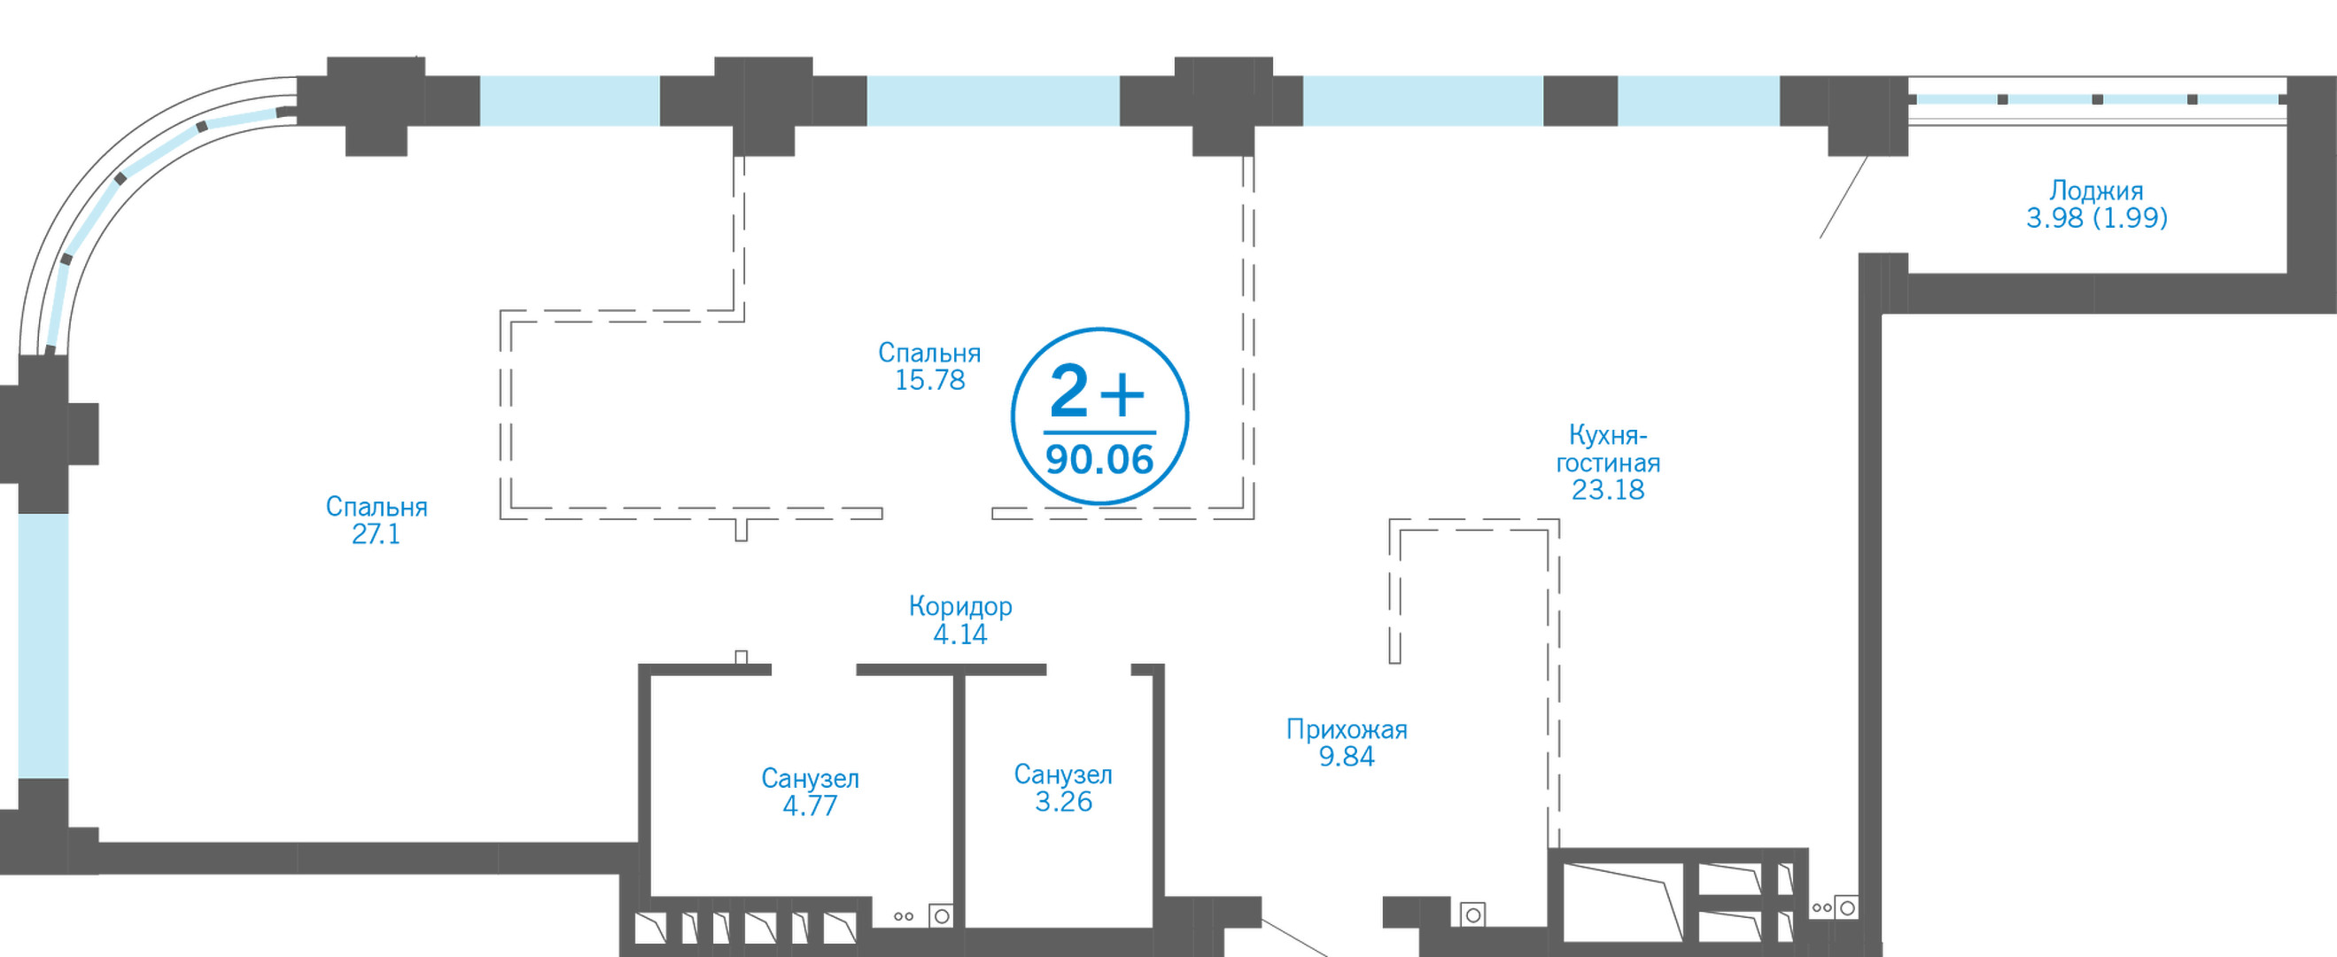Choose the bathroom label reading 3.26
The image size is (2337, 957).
(x=1063, y=788)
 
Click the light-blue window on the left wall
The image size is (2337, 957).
(x=43, y=672)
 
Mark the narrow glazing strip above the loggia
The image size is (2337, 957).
(x=2096, y=97)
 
